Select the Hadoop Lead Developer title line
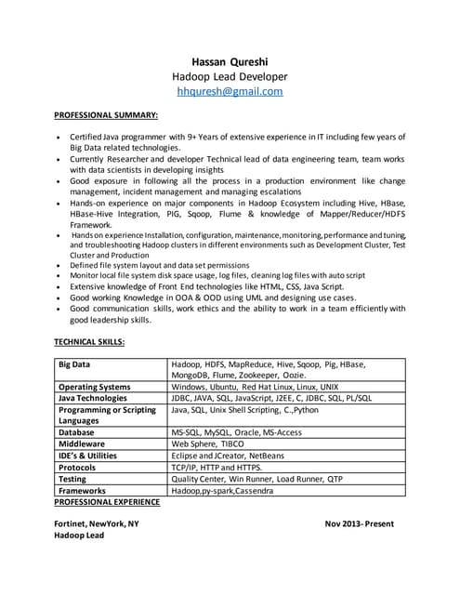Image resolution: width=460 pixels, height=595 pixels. (x=230, y=75)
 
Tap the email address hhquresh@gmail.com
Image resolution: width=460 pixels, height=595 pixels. (x=230, y=92)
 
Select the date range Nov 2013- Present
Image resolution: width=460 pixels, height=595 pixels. (x=360, y=524)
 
